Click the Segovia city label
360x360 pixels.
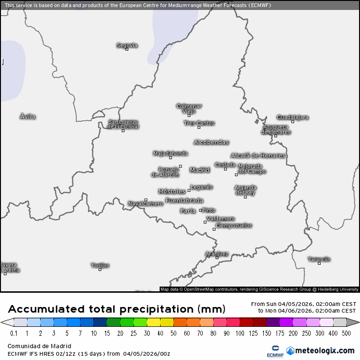click(127, 45)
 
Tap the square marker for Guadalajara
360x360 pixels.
click(293, 122)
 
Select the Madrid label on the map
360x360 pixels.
click(199, 170)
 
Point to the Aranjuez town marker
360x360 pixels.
click(217, 258)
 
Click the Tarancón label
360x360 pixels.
click(319, 259)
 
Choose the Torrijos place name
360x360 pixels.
click(100, 265)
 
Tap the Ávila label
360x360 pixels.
click(28, 117)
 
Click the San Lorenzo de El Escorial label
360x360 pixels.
click(123, 124)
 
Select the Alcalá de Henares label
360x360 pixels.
click(258, 155)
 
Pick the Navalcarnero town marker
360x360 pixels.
click(146, 200)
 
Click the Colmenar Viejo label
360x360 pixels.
click(189, 108)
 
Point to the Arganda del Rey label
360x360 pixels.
click(245, 190)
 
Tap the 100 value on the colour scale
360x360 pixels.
click(239, 333)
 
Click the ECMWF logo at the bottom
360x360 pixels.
click(273, 351)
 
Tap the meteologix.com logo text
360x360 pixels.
click(324, 351)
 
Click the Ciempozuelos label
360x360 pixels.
click(234, 225)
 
